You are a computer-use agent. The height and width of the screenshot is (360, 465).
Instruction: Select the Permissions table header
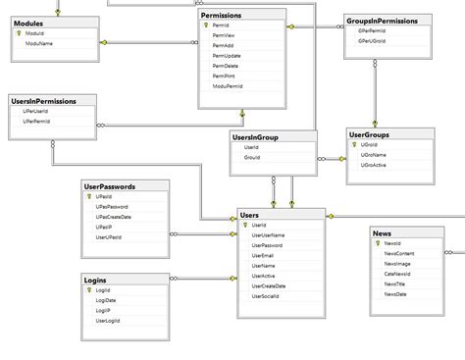[x=222, y=16]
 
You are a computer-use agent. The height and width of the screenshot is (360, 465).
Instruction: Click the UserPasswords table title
[x=110, y=185]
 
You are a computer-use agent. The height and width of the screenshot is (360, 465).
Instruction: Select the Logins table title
[x=95, y=280]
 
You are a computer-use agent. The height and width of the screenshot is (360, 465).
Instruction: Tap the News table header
[x=383, y=233]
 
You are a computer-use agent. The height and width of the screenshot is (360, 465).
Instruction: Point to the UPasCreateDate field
[x=115, y=217]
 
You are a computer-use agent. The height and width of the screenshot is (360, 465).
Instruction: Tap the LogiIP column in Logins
[x=103, y=311]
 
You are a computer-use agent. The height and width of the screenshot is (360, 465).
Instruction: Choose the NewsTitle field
[x=395, y=283]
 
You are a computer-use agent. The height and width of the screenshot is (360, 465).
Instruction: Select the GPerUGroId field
[x=372, y=41]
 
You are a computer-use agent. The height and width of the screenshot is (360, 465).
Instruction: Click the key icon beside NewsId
[x=377, y=243]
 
